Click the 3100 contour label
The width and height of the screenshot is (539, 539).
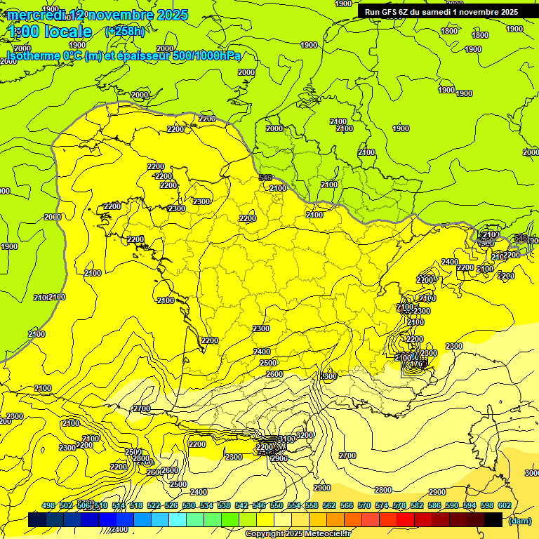coord(286,439)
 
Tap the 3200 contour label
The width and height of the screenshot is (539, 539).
coord(305,435)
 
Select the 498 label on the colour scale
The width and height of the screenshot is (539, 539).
coord(48,505)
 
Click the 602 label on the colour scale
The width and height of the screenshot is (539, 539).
coord(504,505)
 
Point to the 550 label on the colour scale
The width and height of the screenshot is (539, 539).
coord(276,505)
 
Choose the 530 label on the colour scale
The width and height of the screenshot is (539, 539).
coord(189,505)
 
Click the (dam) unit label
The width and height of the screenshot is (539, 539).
coord(519,521)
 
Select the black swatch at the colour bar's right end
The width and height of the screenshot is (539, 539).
coord(493,520)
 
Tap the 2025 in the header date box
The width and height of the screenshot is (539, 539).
coord(505,11)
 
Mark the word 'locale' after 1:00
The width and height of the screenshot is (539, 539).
coord(67,32)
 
